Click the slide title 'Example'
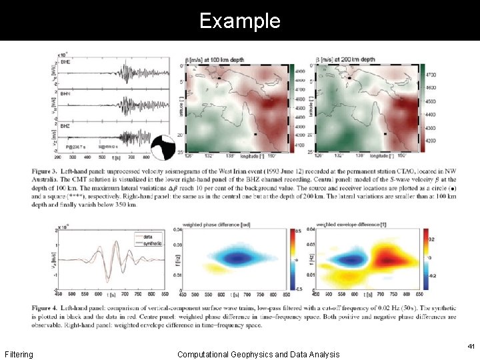pos(239,21)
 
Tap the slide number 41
pos(471,347)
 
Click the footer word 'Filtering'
pos(19,354)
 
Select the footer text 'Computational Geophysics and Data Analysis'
pos(258,354)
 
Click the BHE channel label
pos(66,61)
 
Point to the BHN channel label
pos(66,94)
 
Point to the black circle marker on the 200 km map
pos(348,78)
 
